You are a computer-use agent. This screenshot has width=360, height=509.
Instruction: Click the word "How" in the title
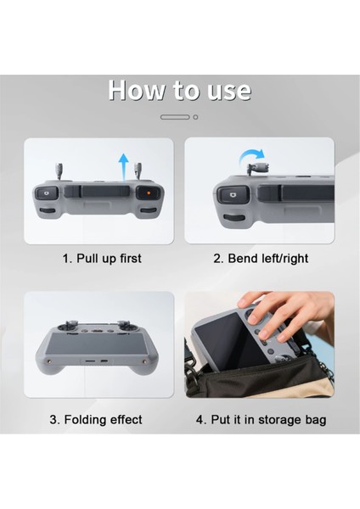click(x=137, y=89)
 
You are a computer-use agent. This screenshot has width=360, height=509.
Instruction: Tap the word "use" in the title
click(x=229, y=91)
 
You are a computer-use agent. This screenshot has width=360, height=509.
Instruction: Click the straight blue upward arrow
click(x=123, y=166)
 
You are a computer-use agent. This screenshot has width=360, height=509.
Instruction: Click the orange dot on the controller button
click(x=148, y=193)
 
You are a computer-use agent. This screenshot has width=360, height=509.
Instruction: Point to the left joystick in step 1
click(x=59, y=171)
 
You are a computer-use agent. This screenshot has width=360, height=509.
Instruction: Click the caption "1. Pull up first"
click(x=102, y=259)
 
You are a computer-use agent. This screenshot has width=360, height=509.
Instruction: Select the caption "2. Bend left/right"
click(x=261, y=259)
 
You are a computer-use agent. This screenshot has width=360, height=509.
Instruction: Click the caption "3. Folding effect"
click(x=96, y=419)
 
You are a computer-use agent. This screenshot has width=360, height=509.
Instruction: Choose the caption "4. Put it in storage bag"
click(x=261, y=419)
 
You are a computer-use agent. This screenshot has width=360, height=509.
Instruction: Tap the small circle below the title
click(x=195, y=117)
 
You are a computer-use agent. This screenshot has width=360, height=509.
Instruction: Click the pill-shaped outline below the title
click(x=175, y=117)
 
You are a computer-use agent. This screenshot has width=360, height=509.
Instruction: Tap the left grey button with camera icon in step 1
click(x=47, y=193)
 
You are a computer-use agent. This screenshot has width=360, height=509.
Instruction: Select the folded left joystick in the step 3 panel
click(x=70, y=326)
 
